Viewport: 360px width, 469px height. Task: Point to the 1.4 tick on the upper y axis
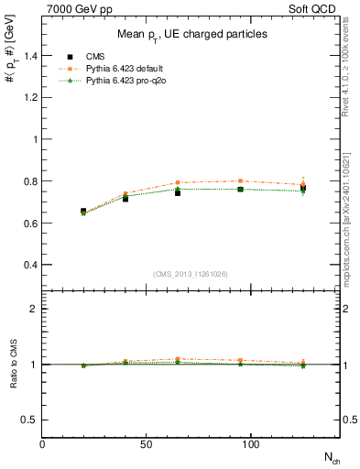tap(28, 56)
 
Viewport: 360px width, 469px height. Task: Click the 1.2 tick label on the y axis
tap(28, 98)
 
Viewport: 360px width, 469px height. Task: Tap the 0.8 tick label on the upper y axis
tap(28, 181)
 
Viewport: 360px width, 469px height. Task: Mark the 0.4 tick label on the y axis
tap(28, 266)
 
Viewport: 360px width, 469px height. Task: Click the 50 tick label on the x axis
tap(147, 444)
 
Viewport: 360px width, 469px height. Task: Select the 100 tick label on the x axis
tap(250, 444)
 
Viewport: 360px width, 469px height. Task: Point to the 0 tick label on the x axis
tap(43, 444)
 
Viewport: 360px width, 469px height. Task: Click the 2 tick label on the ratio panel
tap(34, 309)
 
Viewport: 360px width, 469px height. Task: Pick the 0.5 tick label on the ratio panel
tap(28, 420)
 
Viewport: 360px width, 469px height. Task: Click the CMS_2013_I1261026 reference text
tap(191, 274)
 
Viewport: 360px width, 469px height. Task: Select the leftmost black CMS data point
tap(84, 212)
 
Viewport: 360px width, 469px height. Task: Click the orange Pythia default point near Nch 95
tap(240, 181)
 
